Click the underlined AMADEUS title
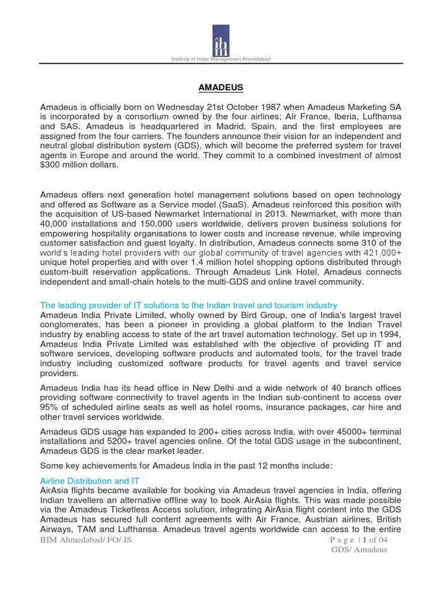pos(220,87)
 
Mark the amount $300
pos(51,166)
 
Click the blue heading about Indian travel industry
pos(189,305)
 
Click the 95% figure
pos(49,407)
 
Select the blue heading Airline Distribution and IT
pos(90,480)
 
